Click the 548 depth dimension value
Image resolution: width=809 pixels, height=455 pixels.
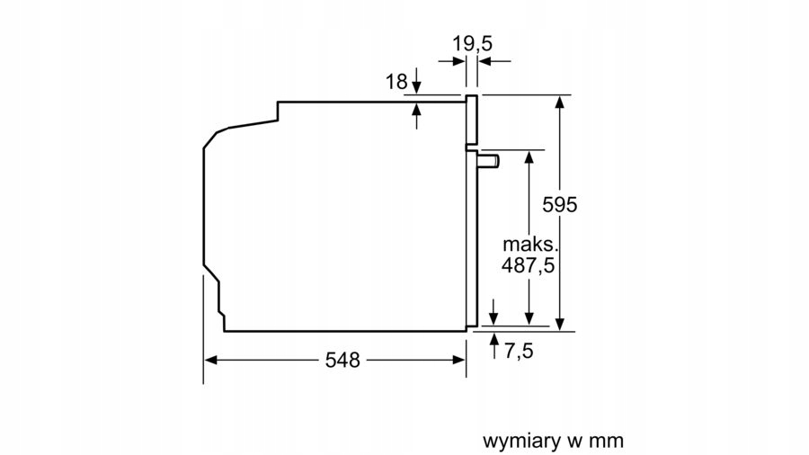click(x=342, y=361)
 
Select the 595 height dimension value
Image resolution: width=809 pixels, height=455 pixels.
click(x=559, y=205)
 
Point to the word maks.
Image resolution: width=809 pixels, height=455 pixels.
click(x=530, y=244)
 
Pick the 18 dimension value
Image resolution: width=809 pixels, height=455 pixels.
click(x=396, y=82)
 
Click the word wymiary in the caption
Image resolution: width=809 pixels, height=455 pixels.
click(x=518, y=441)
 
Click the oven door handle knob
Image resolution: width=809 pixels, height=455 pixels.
click(x=490, y=161)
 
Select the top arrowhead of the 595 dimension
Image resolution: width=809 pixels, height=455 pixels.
click(x=559, y=101)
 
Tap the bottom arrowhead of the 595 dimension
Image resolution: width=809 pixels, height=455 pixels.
click(x=559, y=324)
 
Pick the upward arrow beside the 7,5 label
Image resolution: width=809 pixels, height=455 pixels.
click(x=493, y=340)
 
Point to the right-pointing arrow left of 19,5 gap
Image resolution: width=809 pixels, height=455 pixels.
click(x=458, y=61)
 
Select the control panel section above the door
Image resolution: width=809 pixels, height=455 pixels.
click(x=471, y=120)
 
